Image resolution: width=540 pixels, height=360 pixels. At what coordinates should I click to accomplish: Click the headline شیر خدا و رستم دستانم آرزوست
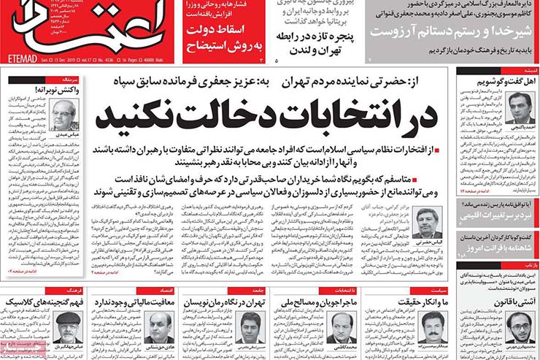pos(451,32)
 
